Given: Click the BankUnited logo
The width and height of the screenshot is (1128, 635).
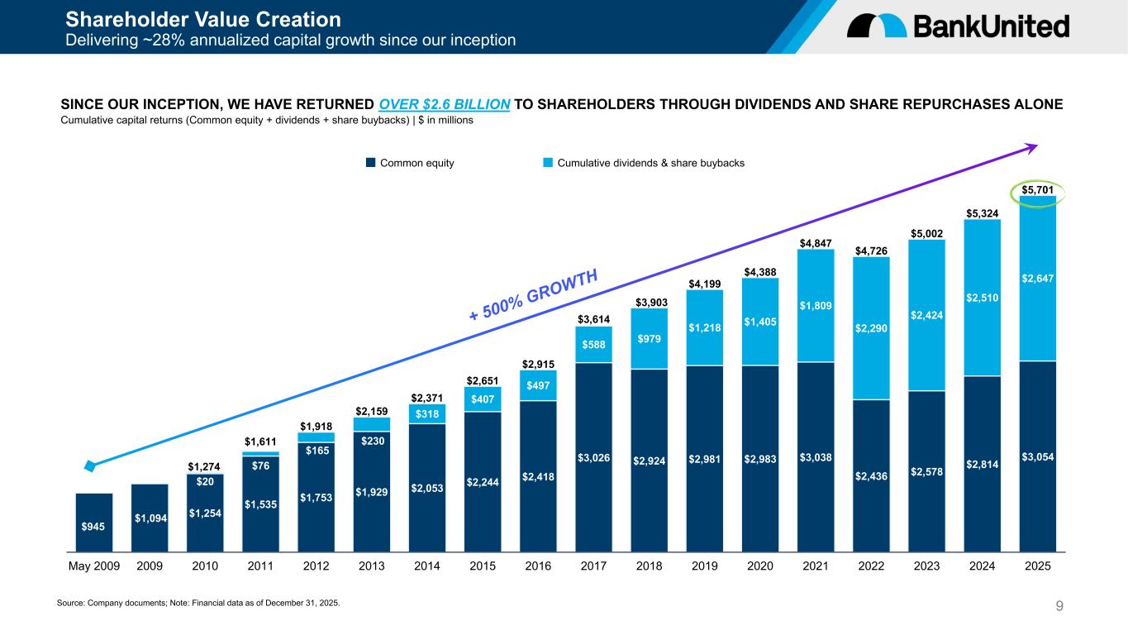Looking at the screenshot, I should click(958, 26).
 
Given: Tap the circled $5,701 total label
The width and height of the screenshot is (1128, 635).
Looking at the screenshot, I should click(1037, 190).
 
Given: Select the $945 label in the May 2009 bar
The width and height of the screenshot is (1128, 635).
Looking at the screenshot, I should click(93, 527).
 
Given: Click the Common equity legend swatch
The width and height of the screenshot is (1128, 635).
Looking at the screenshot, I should click(371, 163).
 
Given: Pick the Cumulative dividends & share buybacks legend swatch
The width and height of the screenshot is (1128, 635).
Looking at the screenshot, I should click(548, 163).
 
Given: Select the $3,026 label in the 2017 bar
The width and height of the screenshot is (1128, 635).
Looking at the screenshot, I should click(594, 457).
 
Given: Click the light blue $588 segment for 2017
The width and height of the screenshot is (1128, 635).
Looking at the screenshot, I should click(594, 345).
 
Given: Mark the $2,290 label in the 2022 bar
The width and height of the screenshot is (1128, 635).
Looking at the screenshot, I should click(871, 328).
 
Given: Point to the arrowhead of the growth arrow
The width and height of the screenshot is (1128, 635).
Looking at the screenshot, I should click(1032, 147).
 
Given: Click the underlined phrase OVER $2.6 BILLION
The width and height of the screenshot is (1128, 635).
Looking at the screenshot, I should click(445, 104).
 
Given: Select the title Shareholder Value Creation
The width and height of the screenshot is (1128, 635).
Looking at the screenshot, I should click(202, 18).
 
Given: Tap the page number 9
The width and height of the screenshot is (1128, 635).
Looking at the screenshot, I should click(1059, 607).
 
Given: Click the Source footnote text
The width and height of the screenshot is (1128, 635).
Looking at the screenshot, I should click(198, 603).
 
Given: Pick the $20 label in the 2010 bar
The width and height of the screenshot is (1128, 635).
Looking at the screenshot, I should click(205, 482).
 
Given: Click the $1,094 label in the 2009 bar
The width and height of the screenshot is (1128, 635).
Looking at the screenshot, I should click(150, 518).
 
